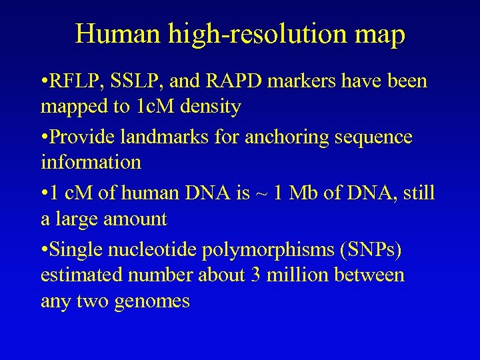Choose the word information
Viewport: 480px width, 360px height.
(91, 162)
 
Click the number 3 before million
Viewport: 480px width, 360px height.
(257, 274)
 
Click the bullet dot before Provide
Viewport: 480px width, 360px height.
(44, 137)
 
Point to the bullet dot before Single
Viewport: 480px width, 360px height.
(44, 249)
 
